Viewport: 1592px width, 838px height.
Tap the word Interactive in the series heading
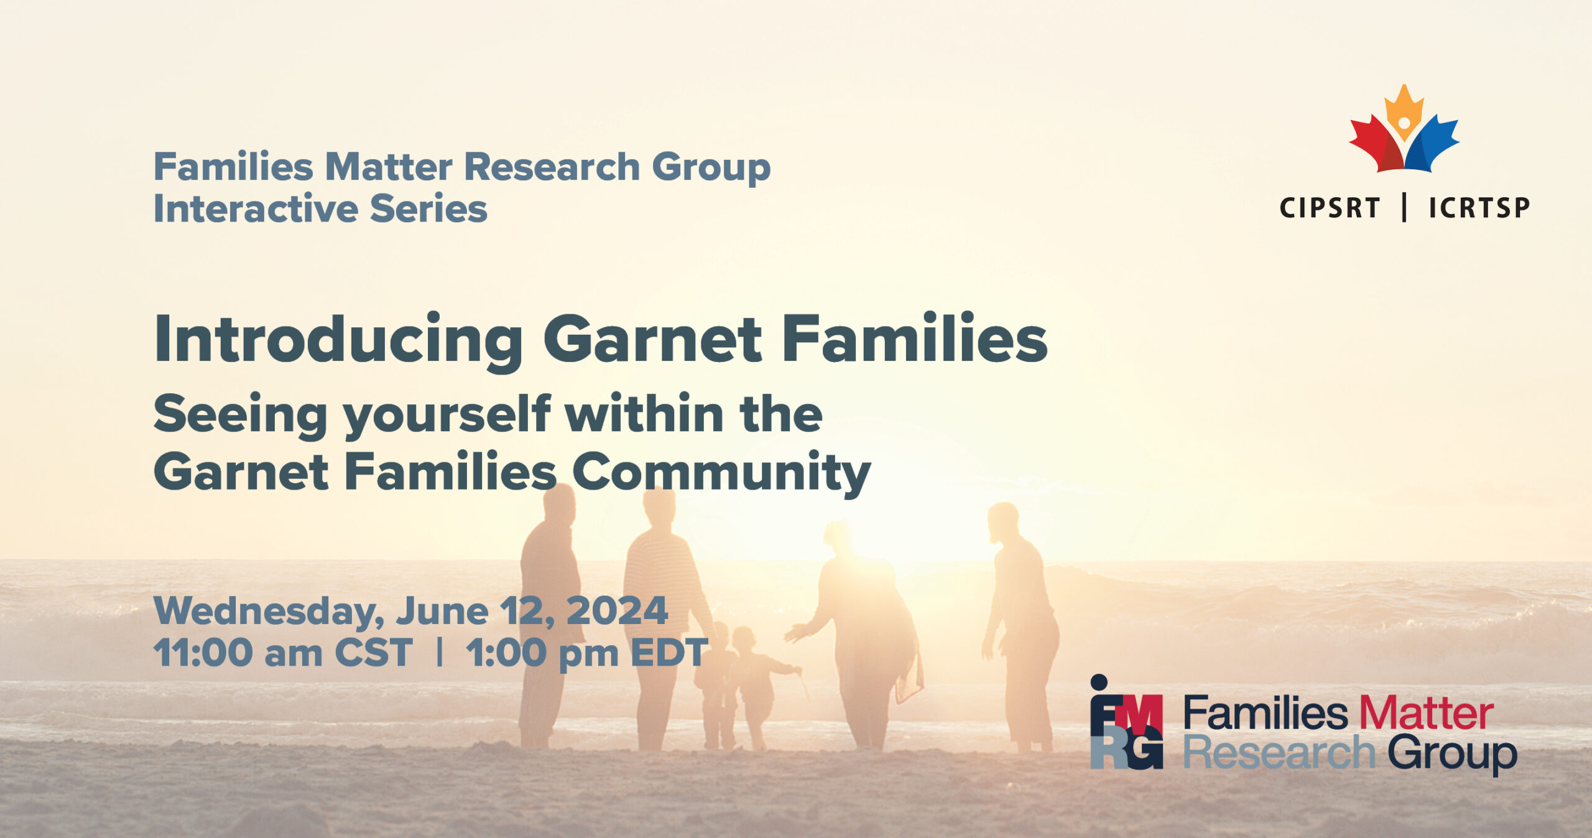tap(255, 208)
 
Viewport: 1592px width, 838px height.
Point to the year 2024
tap(617, 610)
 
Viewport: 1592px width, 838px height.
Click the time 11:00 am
tap(238, 653)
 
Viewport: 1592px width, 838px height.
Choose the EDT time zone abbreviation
tap(669, 653)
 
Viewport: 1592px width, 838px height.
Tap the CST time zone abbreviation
tap(373, 653)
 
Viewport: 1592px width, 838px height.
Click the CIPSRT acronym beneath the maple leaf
tap(1330, 208)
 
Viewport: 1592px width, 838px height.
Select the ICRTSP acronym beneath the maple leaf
tap(1479, 208)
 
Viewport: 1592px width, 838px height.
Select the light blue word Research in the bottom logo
tap(1279, 753)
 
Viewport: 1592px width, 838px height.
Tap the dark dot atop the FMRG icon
tap(1099, 682)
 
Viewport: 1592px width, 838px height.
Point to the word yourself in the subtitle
tap(447, 416)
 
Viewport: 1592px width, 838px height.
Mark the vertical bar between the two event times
tap(440, 653)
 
